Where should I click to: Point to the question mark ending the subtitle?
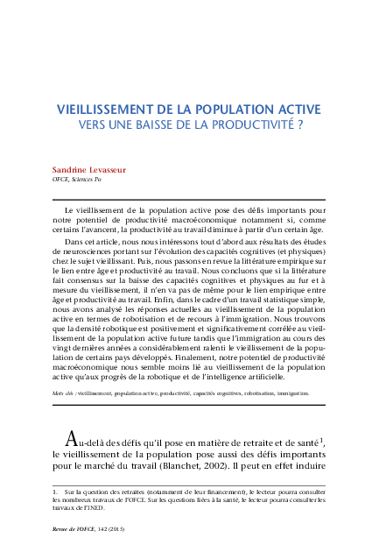point(300,125)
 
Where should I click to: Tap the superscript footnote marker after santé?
point(322,438)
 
